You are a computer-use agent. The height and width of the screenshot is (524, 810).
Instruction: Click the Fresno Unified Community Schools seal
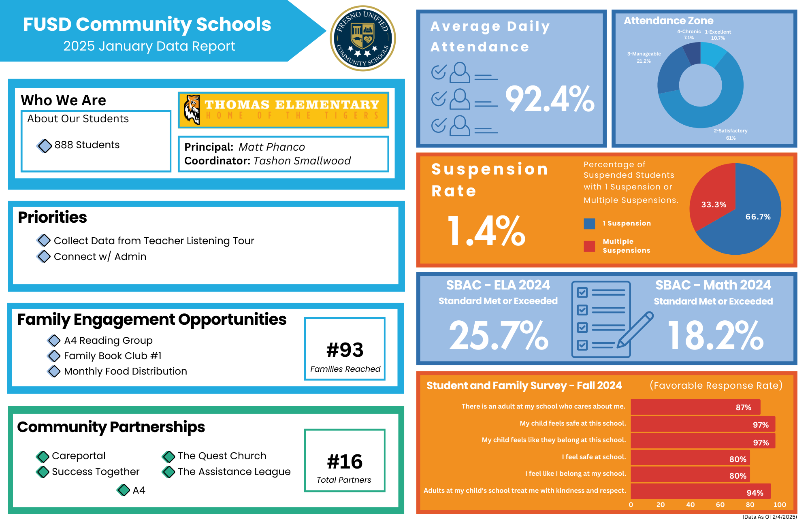coord(363,38)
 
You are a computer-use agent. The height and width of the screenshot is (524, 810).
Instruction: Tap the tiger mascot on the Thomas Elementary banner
coord(192,109)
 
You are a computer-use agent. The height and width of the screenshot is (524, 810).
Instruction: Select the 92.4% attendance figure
coord(550,99)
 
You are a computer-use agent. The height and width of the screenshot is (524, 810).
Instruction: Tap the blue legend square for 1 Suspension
coord(589,224)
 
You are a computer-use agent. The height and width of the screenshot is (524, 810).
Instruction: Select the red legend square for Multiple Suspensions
coord(589,246)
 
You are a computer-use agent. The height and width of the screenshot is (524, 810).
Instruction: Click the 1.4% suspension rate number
coord(486,231)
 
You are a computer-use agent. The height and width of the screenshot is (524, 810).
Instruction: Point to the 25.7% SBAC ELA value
coord(499,335)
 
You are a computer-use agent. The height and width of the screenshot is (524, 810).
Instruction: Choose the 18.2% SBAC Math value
coord(715,335)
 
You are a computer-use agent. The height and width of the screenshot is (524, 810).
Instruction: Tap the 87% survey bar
coord(695,407)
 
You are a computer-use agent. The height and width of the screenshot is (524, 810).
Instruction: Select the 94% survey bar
coord(701,491)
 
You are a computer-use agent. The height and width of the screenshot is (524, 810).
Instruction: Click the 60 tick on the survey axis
coord(720,505)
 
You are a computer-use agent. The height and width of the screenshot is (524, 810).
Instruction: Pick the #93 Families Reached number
coord(345,350)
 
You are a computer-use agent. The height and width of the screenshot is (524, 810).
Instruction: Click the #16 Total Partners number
coord(345,462)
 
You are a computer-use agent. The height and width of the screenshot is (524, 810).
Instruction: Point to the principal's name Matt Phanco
coord(271,147)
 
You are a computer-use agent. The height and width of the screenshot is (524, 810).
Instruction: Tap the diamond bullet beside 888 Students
coord(45,146)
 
